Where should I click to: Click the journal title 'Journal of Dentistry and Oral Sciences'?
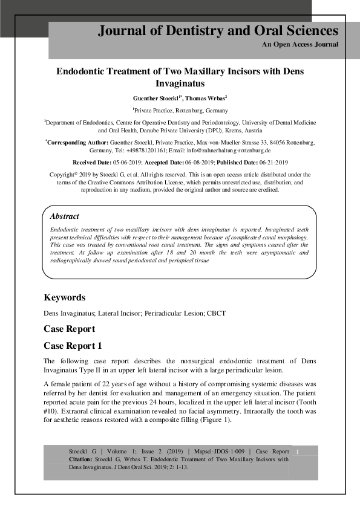[x=218, y=31]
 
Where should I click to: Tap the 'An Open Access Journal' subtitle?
[x=300, y=45]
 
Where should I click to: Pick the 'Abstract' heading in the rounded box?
[x=64, y=216]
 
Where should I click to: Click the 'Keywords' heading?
[x=65, y=297]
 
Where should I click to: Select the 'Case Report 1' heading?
[x=73, y=346]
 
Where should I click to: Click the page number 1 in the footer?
[x=297, y=451]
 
